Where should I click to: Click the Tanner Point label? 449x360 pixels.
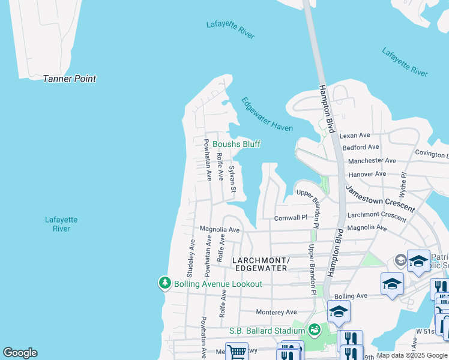69,79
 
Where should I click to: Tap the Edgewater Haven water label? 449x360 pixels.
267,114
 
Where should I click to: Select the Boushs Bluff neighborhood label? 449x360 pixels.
236,144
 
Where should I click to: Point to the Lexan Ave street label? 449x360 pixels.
355,136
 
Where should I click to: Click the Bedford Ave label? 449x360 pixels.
360,147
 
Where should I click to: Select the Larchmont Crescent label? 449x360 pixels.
376,214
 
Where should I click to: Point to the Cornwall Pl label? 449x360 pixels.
291,218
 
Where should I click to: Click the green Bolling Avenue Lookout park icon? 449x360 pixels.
164,283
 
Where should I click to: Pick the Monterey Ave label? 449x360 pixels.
276,312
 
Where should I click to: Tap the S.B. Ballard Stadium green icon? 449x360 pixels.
313,330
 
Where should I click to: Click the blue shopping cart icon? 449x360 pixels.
237,352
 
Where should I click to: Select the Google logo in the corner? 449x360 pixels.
20,353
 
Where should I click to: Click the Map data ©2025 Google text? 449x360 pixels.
412,355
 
